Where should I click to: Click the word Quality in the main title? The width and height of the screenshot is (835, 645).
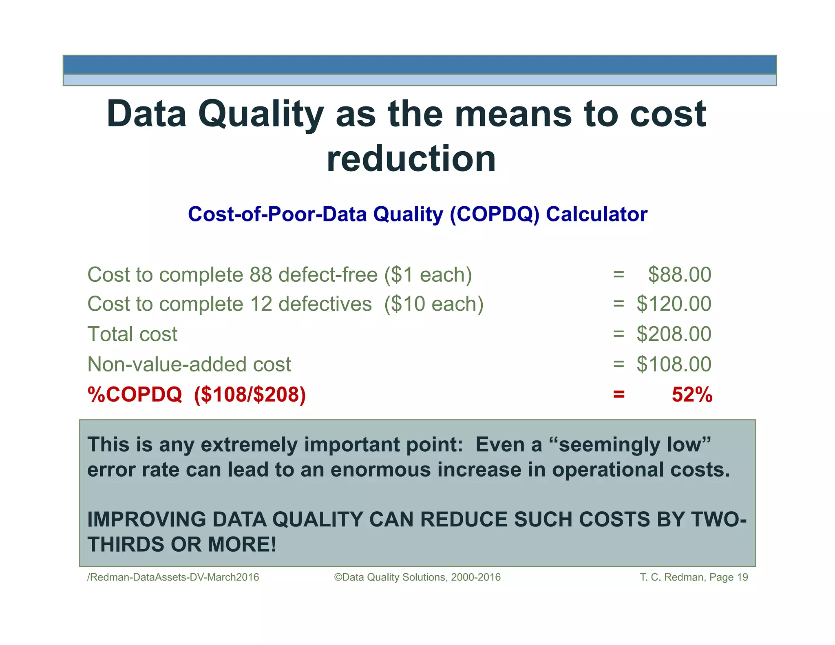(261, 115)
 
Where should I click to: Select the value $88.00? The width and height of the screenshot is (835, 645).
(680, 274)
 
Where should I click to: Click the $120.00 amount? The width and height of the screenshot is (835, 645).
(674, 304)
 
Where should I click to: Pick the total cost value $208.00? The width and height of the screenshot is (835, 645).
(674, 334)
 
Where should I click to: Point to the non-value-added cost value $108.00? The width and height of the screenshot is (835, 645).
(674, 364)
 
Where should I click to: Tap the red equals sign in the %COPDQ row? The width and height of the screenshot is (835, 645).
(619, 394)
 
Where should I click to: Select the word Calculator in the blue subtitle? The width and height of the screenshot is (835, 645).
(596, 214)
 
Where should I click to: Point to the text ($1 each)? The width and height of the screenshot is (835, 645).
(428, 274)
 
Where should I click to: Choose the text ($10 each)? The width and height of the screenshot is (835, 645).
(434, 304)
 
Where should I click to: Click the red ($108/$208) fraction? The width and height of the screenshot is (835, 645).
(250, 394)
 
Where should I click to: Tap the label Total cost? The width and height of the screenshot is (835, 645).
(133, 334)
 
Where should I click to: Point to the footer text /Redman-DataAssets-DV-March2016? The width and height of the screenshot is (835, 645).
(173, 577)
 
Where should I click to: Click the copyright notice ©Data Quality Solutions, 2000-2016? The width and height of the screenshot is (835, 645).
(417, 577)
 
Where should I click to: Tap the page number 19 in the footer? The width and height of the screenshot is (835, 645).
(742, 577)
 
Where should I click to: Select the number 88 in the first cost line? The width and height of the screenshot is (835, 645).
(261, 274)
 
